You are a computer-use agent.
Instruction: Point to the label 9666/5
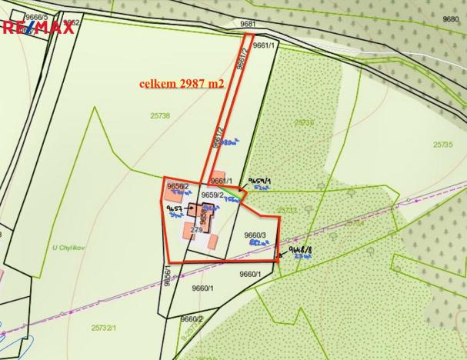click(x=36, y=16)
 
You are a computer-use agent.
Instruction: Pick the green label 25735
click(x=442, y=144)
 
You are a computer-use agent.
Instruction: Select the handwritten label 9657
click(x=174, y=208)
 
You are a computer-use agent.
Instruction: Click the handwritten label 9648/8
click(x=299, y=251)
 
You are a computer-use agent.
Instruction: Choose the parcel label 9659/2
click(x=212, y=195)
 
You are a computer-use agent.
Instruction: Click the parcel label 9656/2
click(x=178, y=186)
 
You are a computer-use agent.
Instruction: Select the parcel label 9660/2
click(x=192, y=318)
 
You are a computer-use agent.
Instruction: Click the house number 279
click(x=195, y=230)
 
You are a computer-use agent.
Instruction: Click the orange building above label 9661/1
click(x=219, y=175)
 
